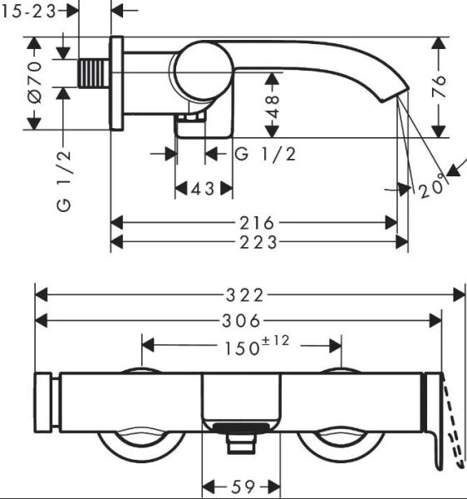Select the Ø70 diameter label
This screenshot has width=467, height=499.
point(34,82)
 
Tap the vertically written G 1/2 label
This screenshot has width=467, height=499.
point(65,180)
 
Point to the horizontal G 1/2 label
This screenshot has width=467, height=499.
point(265,154)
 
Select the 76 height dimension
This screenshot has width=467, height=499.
point(440,86)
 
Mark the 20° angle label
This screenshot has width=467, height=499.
point(431,189)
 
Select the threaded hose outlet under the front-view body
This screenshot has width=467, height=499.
point(241,441)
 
